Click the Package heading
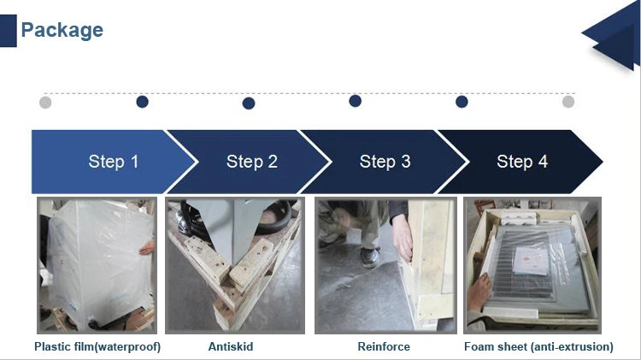click(x=62, y=30)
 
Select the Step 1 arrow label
click(x=113, y=162)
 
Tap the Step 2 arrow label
click(x=252, y=162)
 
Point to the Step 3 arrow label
click(x=385, y=162)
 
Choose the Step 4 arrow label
click(x=522, y=162)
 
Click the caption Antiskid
click(x=231, y=346)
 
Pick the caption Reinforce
click(x=384, y=346)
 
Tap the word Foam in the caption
click(x=478, y=346)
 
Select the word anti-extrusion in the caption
click(x=573, y=346)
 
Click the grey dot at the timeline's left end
click(x=45, y=103)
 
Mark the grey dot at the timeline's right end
click(x=568, y=102)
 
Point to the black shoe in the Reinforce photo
click(x=369, y=257)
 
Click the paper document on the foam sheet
click(x=531, y=261)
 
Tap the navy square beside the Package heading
click(x=9, y=31)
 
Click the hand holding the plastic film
click(x=147, y=247)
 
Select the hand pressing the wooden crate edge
click(x=403, y=237)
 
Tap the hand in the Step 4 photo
click(x=479, y=292)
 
